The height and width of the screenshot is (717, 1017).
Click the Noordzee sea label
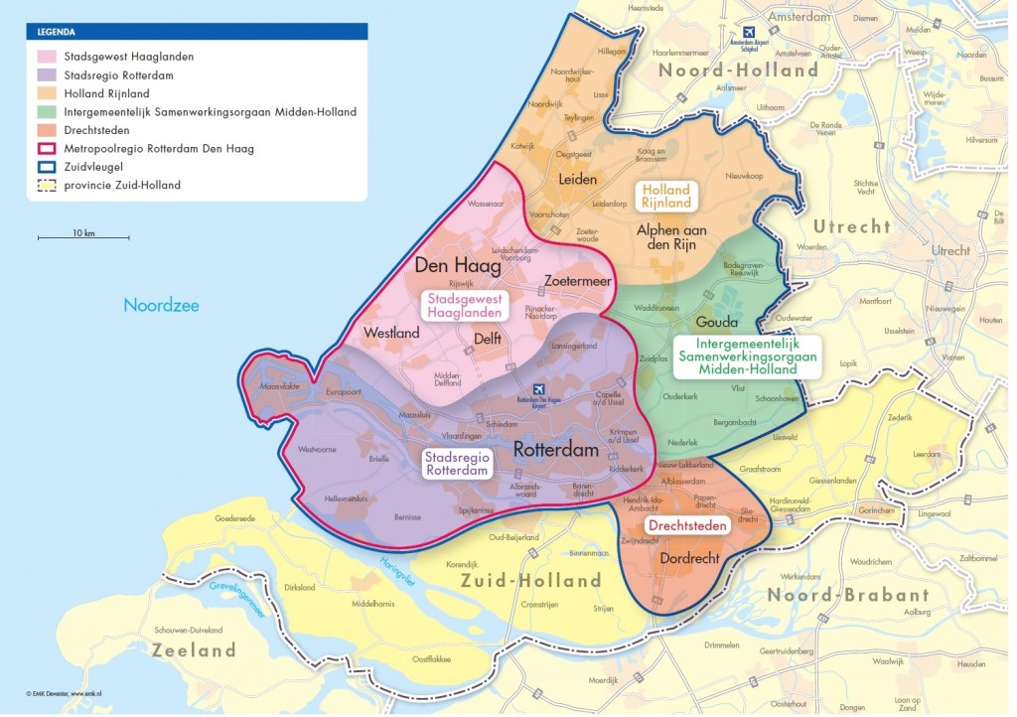click(x=161, y=305)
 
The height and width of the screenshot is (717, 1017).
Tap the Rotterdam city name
click(x=556, y=450)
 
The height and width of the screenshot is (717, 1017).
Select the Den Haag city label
click(x=457, y=265)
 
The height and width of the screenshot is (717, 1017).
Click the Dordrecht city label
click(x=689, y=558)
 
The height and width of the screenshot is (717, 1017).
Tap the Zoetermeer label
click(x=575, y=282)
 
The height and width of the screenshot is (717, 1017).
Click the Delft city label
click(x=486, y=339)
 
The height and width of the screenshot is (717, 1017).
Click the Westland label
click(x=391, y=333)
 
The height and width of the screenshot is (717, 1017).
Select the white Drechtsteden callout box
click(x=688, y=524)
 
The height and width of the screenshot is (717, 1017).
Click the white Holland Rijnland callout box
click(x=666, y=196)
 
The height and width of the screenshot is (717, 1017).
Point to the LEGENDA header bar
click(x=198, y=32)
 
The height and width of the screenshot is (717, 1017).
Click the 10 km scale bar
click(x=83, y=237)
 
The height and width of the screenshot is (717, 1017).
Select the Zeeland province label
click(x=194, y=650)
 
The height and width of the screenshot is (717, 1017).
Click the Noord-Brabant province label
click(x=847, y=595)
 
